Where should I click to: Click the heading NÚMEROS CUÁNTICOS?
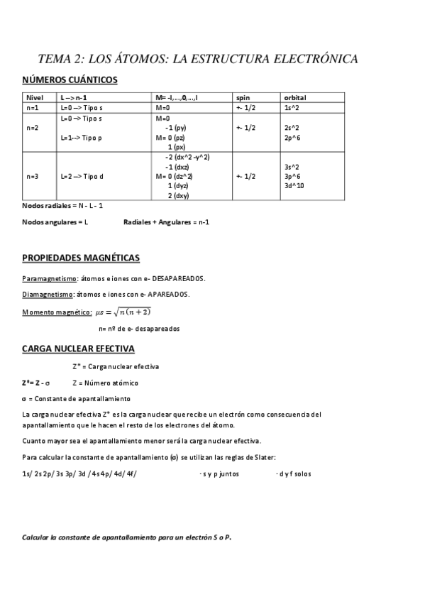(x=70, y=80)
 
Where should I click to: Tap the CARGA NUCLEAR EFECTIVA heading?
(x=78, y=349)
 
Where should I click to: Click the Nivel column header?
(x=35, y=97)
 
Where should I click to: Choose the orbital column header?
(x=294, y=97)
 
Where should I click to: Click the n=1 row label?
(x=32, y=107)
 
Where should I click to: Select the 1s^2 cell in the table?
(x=291, y=107)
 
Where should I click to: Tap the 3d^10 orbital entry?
(x=294, y=185)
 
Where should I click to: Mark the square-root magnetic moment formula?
(x=123, y=312)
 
